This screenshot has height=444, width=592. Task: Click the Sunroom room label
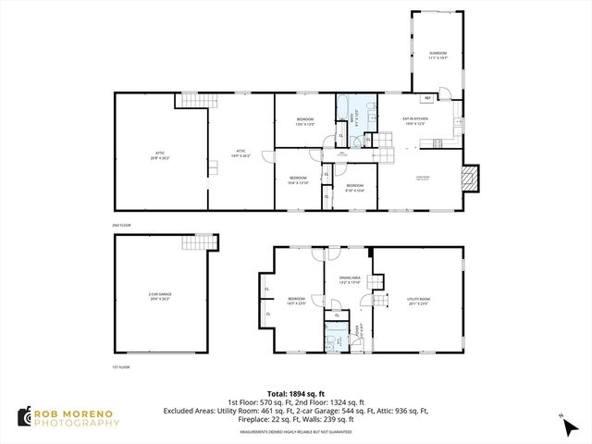point(437,55)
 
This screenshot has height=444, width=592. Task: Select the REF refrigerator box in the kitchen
point(428,98)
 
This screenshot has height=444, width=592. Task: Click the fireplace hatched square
point(471,179)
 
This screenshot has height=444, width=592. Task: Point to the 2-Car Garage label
point(160,295)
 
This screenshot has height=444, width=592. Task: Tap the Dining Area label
point(350,279)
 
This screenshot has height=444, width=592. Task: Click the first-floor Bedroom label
point(296,300)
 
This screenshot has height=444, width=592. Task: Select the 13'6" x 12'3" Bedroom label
point(305,121)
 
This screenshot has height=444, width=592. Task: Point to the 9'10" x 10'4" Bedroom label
point(355,188)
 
